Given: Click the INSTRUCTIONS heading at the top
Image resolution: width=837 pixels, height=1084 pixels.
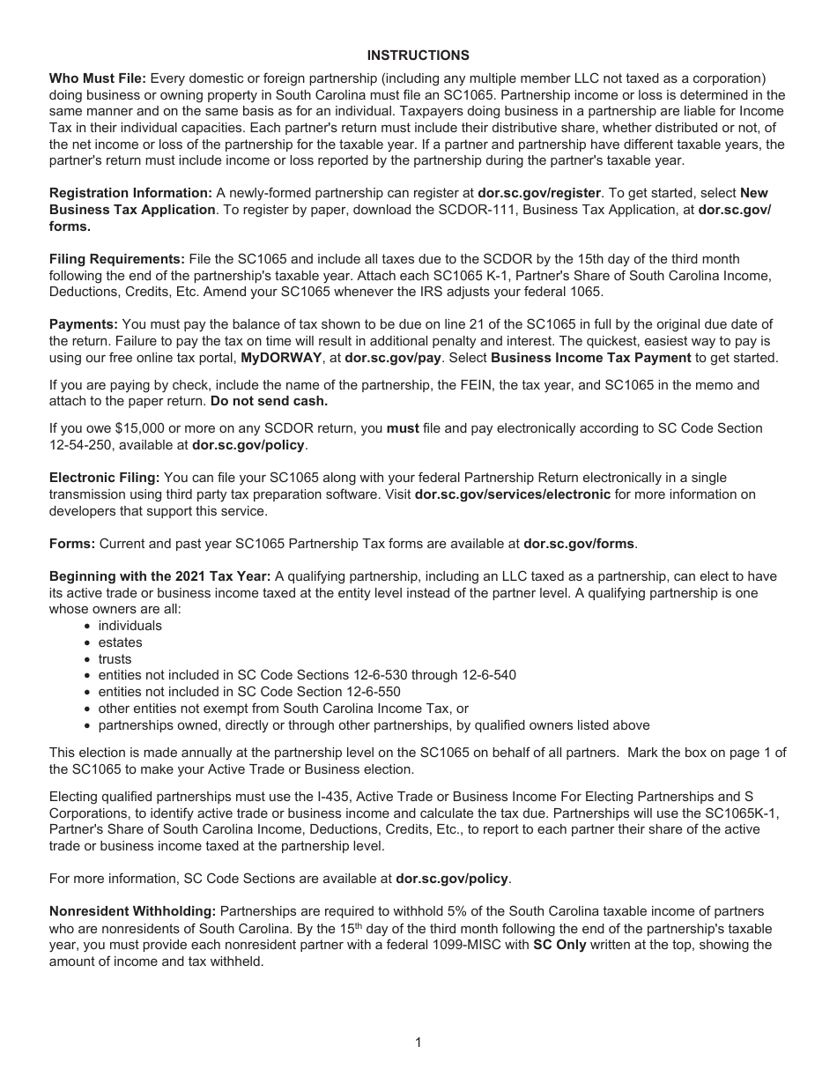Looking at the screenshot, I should (418, 56).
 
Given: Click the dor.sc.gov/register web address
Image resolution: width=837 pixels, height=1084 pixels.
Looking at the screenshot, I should (538, 193).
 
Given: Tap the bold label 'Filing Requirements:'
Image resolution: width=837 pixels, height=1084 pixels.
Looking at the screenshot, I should (116, 259).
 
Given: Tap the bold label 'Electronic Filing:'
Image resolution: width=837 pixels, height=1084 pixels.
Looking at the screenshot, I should (104, 478).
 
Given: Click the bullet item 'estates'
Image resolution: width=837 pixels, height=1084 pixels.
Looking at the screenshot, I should (120, 642).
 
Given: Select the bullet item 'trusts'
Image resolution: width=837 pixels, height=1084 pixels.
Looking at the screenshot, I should (115, 659).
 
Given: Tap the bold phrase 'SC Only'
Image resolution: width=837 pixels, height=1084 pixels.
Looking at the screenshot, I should (559, 945).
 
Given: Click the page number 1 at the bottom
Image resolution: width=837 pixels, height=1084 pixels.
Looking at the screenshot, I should (418, 1043).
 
